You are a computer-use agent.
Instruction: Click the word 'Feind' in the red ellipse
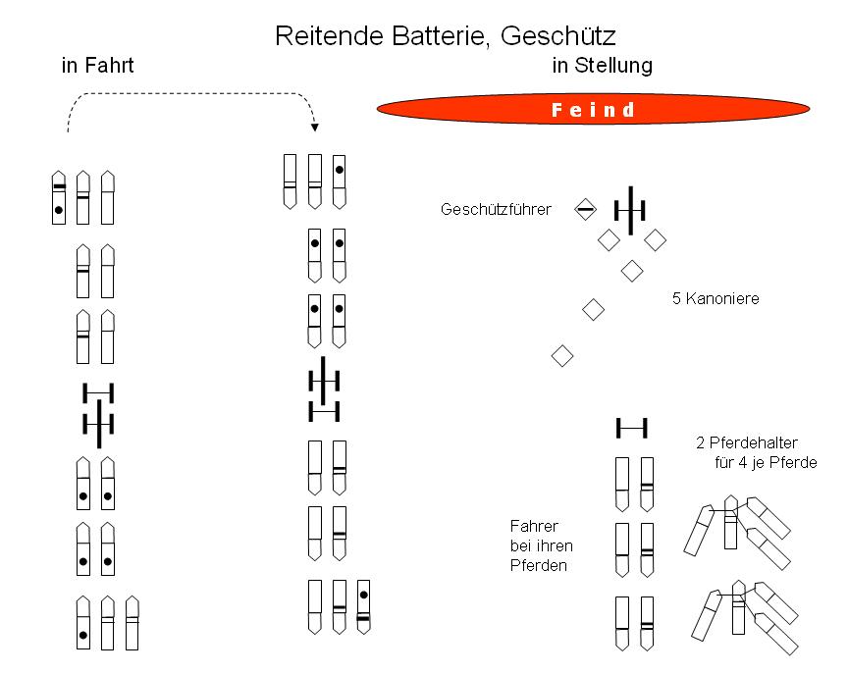(x=593, y=110)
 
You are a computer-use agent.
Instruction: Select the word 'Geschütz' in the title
(x=558, y=36)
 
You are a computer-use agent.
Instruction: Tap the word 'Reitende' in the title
(x=330, y=36)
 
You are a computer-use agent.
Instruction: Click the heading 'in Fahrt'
(x=97, y=66)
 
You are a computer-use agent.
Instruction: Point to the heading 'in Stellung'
(x=603, y=66)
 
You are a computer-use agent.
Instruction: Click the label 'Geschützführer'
(x=496, y=209)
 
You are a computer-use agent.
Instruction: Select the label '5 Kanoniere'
(x=715, y=298)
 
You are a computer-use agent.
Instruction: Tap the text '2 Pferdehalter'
(x=747, y=442)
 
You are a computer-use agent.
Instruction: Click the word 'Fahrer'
(x=534, y=526)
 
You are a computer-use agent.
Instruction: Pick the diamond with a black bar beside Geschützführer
(x=585, y=209)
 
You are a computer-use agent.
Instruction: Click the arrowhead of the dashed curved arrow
(x=315, y=128)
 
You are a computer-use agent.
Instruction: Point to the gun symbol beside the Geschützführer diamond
(x=630, y=210)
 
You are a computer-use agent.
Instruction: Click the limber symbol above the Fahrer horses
(x=632, y=428)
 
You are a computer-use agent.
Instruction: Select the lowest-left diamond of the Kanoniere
(x=562, y=356)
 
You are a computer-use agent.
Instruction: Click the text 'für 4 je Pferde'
(x=766, y=463)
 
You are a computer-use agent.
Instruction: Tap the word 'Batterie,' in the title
(x=442, y=36)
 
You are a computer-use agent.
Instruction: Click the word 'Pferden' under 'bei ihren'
(x=539, y=565)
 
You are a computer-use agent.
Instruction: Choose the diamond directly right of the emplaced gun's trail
(x=655, y=240)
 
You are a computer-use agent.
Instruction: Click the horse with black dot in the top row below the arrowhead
(x=339, y=181)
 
